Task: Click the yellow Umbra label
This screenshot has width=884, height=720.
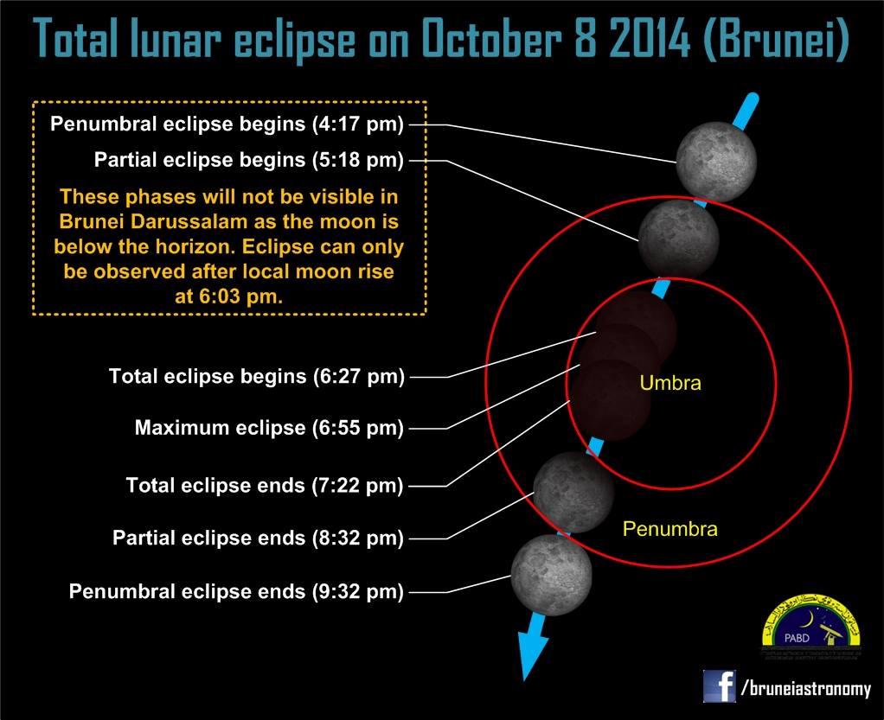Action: (x=669, y=382)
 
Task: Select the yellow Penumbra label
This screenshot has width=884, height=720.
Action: (x=669, y=528)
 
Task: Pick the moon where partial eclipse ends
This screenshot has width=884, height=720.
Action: (x=573, y=491)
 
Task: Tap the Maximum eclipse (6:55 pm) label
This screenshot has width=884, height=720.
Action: (x=269, y=428)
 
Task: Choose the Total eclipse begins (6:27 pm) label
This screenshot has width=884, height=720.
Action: (x=256, y=377)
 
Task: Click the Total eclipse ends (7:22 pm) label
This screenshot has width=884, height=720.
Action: (x=265, y=486)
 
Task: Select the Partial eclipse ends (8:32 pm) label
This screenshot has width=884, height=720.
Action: (x=258, y=538)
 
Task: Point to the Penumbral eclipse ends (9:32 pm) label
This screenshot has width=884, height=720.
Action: (x=236, y=592)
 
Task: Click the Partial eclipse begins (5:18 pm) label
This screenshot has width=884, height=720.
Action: (x=249, y=160)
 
